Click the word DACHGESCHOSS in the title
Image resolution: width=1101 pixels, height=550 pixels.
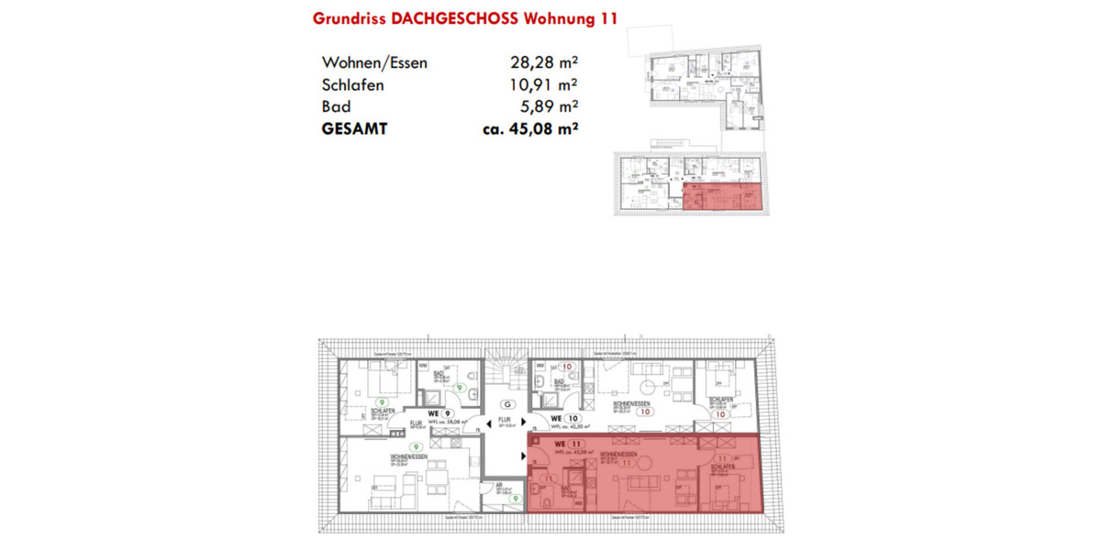[457, 18]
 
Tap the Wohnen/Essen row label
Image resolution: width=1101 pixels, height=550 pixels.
[374, 63]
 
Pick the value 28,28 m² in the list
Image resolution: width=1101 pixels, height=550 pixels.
[543, 63]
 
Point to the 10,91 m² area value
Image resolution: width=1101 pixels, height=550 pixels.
[543, 85]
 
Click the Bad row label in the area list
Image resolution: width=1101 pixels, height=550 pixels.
[336, 107]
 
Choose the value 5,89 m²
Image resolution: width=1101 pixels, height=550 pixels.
[548, 107]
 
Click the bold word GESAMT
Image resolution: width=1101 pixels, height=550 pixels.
[354, 129]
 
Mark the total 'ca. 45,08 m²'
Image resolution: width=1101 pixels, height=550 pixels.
[529, 129]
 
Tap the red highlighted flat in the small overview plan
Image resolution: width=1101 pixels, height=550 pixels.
[722, 197]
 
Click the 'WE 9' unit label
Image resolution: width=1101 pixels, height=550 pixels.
[443, 413]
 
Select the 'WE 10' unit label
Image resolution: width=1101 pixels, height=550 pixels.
[562, 416]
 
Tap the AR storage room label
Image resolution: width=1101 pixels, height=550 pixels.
[500, 488]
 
